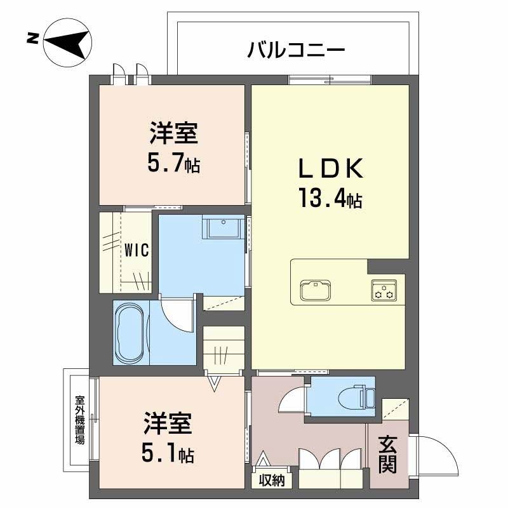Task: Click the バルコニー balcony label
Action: pyautogui.click(x=296, y=51)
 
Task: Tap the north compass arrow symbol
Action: pyautogui.click(x=67, y=43)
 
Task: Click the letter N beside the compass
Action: pyautogui.click(x=32, y=39)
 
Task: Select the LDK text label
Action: pyautogui.click(x=330, y=168)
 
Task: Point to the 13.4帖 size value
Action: pyautogui.click(x=330, y=198)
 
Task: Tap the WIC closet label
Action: pyautogui.click(x=137, y=250)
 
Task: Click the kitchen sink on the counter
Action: pyautogui.click(x=315, y=290)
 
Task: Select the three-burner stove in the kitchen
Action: pyautogui.click(x=384, y=290)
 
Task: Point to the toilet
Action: pyautogui.click(x=356, y=396)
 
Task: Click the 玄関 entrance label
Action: pyautogui.click(x=388, y=455)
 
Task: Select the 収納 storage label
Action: pyautogui.click(x=272, y=481)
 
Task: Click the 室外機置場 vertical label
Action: pyautogui.click(x=79, y=420)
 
